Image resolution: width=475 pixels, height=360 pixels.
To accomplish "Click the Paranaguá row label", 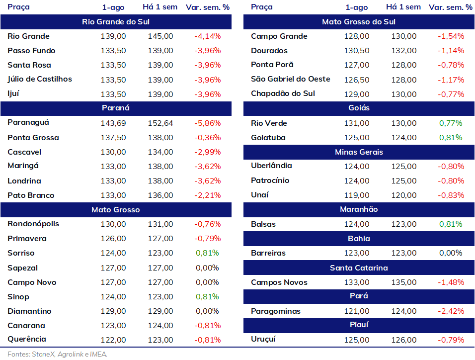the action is pyautogui.click(x=28, y=123).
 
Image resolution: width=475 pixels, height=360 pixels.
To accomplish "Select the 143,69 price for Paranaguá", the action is pyautogui.click(x=113, y=123).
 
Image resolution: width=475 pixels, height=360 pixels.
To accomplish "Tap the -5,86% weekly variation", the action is pyautogui.click(x=208, y=123).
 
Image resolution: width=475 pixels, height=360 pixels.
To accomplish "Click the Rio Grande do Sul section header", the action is pyautogui.click(x=116, y=22).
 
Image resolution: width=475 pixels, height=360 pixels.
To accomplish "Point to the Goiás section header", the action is pyautogui.click(x=359, y=108).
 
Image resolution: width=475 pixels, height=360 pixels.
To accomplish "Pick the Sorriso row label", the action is pyautogui.click(x=21, y=253).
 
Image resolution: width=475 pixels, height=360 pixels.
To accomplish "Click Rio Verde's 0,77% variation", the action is pyautogui.click(x=451, y=123).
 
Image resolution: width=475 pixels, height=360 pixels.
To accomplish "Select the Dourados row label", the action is pyautogui.click(x=269, y=51).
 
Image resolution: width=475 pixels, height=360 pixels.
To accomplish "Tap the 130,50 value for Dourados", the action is pyautogui.click(x=357, y=51).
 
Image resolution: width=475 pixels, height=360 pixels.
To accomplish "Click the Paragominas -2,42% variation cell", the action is pyautogui.click(x=451, y=311).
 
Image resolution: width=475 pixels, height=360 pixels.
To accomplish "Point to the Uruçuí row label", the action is pyautogui.click(x=263, y=340).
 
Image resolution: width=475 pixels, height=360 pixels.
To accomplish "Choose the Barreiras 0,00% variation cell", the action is pyautogui.click(x=451, y=253).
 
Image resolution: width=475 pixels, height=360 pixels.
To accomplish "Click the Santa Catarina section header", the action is pyautogui.click(x=359, y=268).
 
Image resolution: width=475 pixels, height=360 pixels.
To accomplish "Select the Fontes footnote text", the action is pyautogui.click(x=57, y=354).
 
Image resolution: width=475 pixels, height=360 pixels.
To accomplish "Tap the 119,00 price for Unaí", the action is pyautogui.click(x=357, y=195).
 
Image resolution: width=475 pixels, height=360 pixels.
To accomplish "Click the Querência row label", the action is pyautogui.click(x=27, y=340).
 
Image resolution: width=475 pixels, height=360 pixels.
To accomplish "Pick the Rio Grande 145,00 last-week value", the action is pyautogui.click(x=160, y=36).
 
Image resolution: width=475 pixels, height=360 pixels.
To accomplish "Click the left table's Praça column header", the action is pyautogui.click(x=18, y=7).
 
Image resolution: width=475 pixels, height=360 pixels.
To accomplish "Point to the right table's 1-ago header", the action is pyautogui.click(x=357, y=7).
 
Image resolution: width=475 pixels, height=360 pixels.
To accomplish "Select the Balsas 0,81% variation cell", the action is pyautogui.click(x=451, y=224).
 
